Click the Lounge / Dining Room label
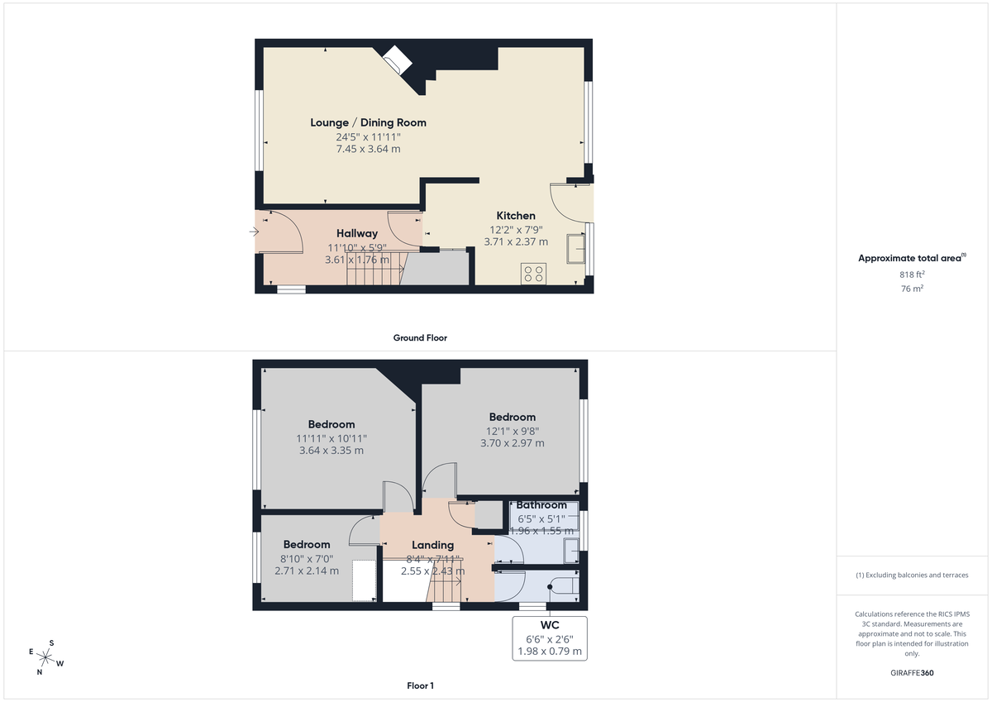[368, 122]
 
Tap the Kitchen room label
[516, 216]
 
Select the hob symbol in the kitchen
[533, 274]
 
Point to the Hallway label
[357, 234]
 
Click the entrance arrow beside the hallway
[253, 232]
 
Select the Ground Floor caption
[420, 338]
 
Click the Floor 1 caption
[420, 685]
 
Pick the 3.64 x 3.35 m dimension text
[331, 451]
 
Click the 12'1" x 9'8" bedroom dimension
[512, 431]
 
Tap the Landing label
[432, 545]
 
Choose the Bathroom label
[541, 505]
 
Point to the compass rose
[46, 657]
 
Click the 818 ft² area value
[913, 274]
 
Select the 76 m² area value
[913, 289]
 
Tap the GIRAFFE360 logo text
[913, 673]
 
